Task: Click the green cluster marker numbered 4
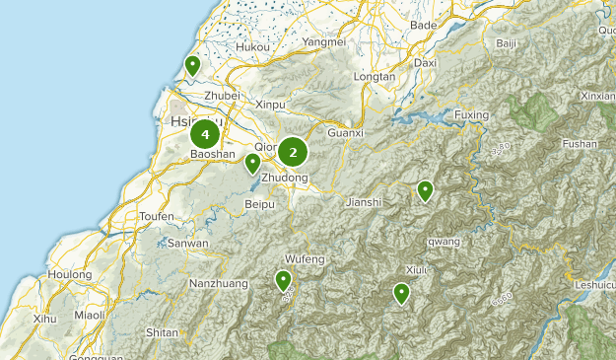point(205,133)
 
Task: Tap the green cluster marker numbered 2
point(293,152)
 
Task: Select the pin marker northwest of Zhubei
point(193,66)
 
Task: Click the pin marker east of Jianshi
point(426,190)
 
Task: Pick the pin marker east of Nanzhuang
point(284,281)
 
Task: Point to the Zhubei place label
point(222,95)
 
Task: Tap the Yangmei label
point(324,42)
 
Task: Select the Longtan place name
point(374,76)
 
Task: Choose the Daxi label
point(425,62)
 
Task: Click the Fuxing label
point(471,115)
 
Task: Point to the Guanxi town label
point(346,132)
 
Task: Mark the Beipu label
point(258,204)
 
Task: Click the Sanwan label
point(187,243)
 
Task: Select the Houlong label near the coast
point(70,274)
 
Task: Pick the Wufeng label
point(305,258)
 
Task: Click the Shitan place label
point(162,333)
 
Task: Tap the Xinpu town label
point(269,104)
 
